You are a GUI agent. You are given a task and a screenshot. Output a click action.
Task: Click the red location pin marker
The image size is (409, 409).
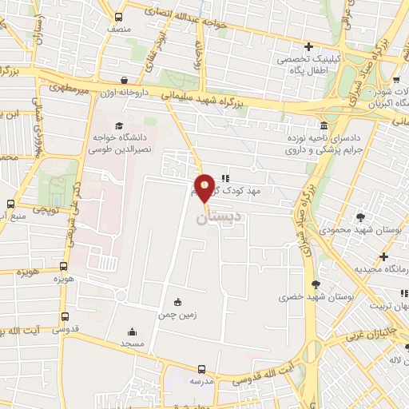tap(204, 187)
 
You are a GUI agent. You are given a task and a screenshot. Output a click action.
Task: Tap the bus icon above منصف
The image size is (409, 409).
tap(119, 17)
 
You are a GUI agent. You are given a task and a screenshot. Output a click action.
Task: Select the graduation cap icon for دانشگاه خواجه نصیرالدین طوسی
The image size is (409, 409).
tap(119, 126)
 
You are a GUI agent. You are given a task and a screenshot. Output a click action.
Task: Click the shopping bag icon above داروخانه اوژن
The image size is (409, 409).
tap(125, 79)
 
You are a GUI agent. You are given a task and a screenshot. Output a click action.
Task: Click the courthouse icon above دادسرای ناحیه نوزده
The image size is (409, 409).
tap(323, 125)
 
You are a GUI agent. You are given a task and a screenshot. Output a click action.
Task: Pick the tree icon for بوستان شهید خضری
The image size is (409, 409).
tap(316, 284)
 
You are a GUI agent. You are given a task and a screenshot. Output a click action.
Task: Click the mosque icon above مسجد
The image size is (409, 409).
tap(132, 332)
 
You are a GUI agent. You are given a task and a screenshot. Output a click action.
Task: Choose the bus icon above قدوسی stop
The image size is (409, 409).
tap(65, 316)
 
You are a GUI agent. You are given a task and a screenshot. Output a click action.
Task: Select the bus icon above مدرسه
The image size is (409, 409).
tap(201, 369)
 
